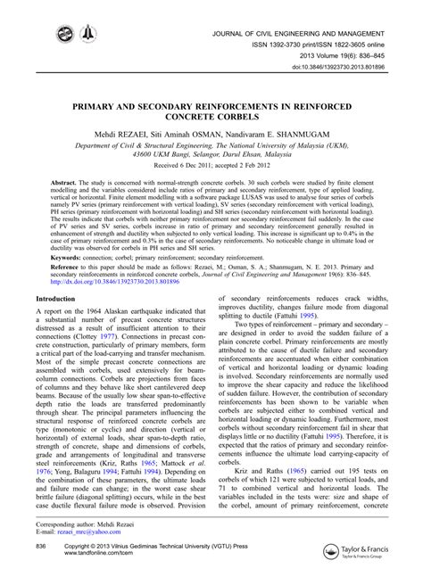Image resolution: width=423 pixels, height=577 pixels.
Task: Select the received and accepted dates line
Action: coord(211,165)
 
